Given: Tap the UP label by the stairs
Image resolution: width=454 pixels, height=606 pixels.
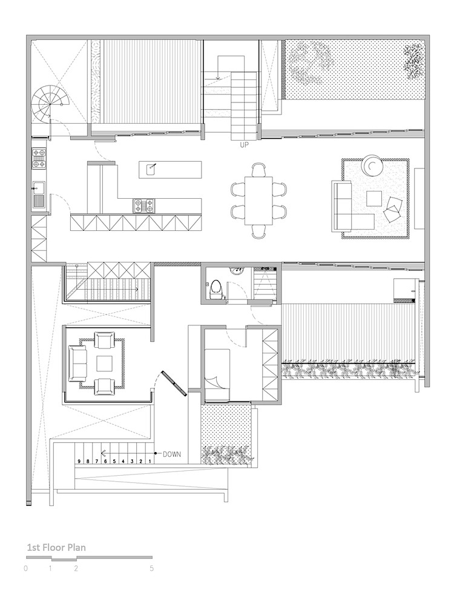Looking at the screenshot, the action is click(244, 145).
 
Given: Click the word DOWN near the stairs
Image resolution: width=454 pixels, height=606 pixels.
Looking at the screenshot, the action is click(172, 454).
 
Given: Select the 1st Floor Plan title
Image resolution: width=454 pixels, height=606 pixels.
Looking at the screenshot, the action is click(56, 547).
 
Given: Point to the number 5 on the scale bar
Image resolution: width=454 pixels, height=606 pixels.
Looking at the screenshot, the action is click(152, 568).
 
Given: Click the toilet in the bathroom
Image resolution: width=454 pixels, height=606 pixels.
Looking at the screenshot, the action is click(215, 289).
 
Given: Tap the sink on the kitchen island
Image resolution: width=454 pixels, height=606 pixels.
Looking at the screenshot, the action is click(151, 168).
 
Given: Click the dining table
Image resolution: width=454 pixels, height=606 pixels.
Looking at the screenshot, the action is click(258, 200).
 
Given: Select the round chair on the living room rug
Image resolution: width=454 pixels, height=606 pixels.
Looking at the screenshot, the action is click(372, 165).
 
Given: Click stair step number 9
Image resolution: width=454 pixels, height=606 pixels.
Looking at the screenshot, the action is click(79, 461).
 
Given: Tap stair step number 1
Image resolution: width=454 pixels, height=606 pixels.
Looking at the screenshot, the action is click(150, 461).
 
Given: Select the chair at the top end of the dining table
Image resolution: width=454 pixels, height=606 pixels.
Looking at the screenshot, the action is click(258, 170).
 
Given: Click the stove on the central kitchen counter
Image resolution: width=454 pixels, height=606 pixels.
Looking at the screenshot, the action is click(144, 205).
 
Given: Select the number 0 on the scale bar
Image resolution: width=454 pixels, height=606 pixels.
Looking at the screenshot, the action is click(25, 568).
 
